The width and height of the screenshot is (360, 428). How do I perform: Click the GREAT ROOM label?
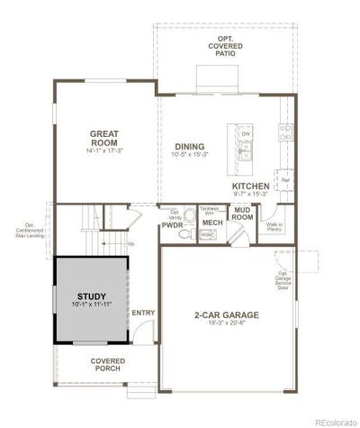coord(104,138)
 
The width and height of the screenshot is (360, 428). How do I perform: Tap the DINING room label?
coord(189,147)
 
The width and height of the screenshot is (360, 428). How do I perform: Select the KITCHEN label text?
coord(251,186)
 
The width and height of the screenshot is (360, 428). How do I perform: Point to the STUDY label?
coord(91,296)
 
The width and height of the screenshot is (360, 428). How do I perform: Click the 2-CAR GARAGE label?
coord(226,316)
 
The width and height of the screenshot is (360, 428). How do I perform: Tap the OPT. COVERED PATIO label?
coord(226,47)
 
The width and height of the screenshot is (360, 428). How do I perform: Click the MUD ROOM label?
coord(242,214)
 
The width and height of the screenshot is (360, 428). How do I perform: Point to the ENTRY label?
coord(143,314)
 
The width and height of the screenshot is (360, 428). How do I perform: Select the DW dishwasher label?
coord(246,134)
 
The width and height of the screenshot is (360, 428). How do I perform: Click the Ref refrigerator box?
coord(285,180)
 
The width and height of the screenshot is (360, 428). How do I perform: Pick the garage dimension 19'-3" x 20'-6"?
coord(226,325)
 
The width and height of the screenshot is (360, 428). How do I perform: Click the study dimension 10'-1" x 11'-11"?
coord(91,305)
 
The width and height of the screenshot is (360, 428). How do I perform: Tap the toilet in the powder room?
coord(185,233)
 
